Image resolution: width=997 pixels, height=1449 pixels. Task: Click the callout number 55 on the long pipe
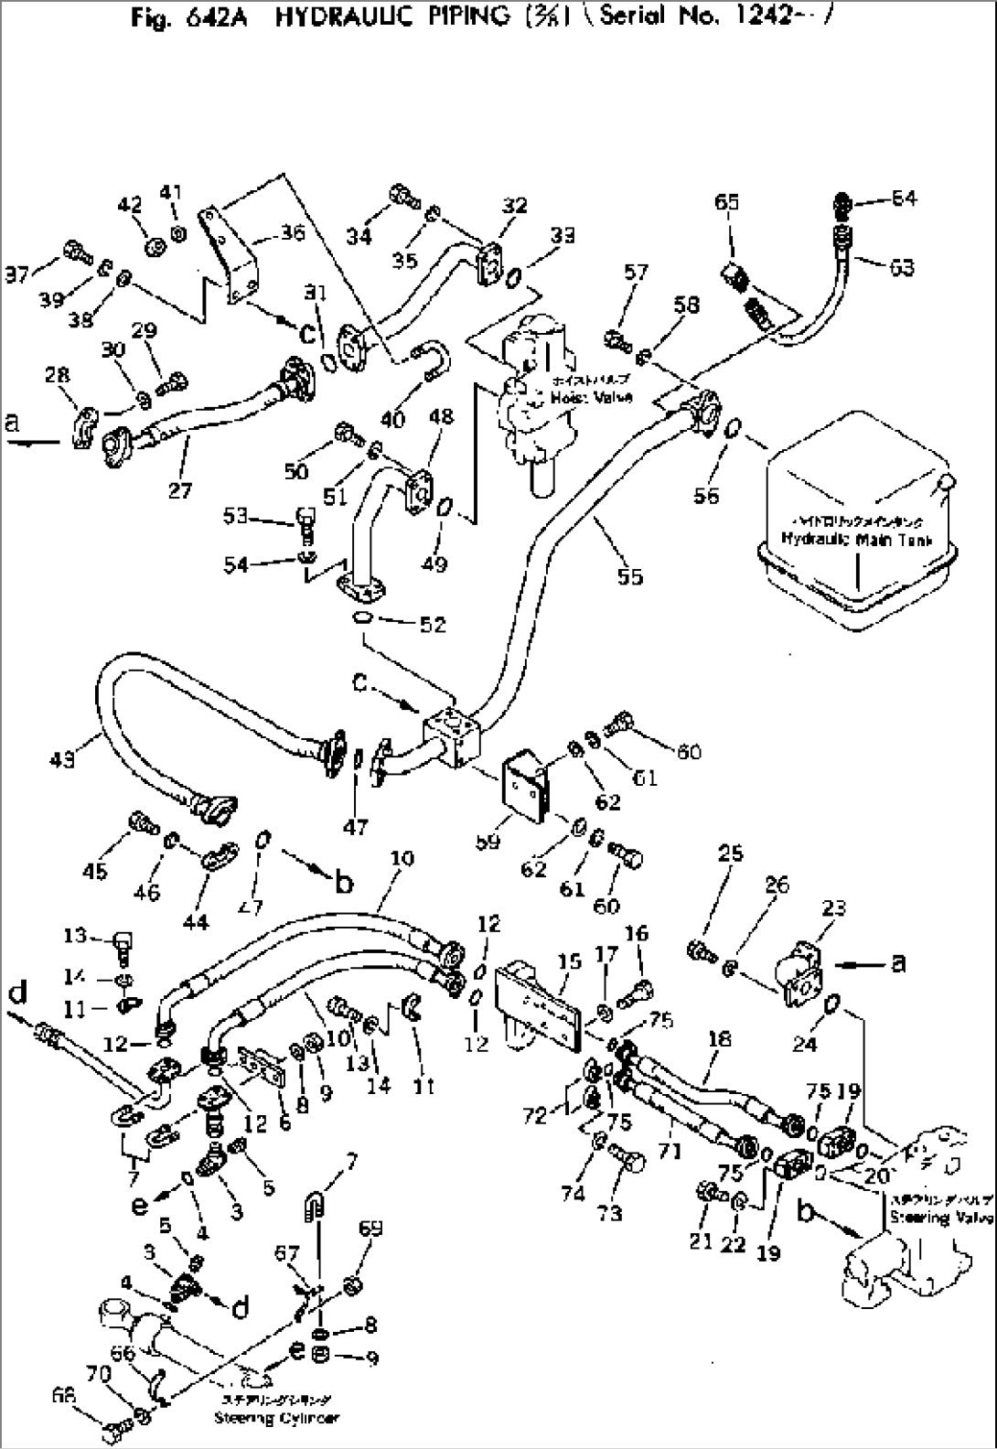(x=630, y=576)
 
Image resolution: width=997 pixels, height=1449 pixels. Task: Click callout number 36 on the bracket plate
(x=292, y=234)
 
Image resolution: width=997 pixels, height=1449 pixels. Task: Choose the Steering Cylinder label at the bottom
(x=276, y=1418)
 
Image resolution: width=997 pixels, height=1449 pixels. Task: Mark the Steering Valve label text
(x=941, y=1218)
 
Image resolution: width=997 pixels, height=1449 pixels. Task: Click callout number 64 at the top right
(x=904, y=199)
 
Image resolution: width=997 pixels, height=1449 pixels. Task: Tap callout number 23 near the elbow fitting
(x=833, y=908)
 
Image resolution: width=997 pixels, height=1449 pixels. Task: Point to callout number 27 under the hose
(x=180, y=490)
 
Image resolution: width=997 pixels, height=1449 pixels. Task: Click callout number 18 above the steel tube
(x=720, y=1038)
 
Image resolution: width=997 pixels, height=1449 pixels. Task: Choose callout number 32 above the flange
(x=515, y=205)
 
